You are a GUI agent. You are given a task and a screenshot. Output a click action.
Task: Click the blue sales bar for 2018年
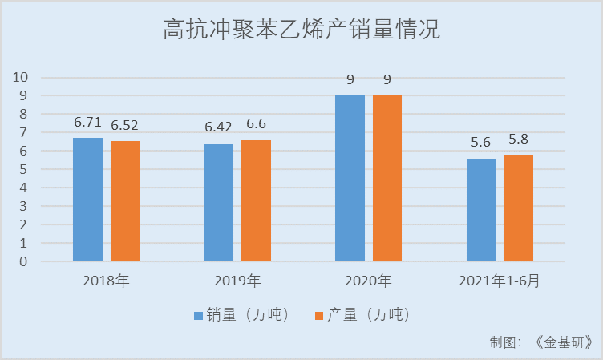pos(88,200)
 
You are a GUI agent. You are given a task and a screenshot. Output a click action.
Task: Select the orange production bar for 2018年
pos(125,201)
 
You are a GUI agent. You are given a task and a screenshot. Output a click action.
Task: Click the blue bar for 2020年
pos(350,178)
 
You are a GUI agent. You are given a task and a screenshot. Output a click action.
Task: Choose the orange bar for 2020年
pos(387,178)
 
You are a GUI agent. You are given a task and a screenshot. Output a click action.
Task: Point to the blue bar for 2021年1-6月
pos(481,210)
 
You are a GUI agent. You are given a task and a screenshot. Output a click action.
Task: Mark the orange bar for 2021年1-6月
pos(519,208)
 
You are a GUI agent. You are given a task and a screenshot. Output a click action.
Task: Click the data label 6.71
pos(87,123)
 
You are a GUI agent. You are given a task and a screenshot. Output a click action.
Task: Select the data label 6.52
pos(125,126)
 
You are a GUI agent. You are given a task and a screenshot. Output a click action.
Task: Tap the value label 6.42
pos(219,128)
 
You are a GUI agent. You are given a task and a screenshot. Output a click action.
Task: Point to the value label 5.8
pos(519,139)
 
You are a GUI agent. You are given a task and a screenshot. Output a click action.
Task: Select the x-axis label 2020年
pos(368,281)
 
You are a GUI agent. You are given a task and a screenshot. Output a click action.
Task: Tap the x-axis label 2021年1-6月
pos(500,281)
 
